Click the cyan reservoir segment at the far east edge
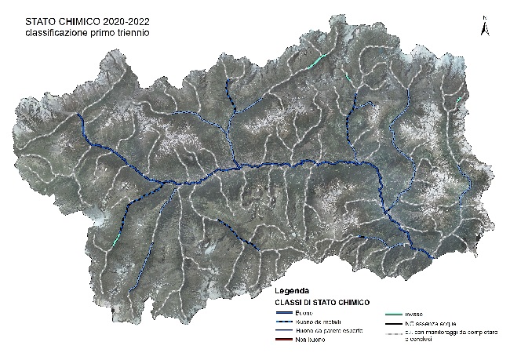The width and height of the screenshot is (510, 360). click(460, 100)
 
